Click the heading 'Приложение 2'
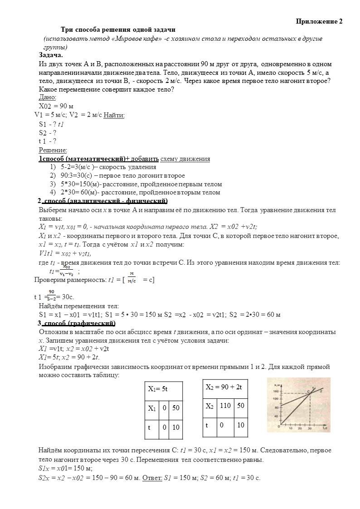(319, 21)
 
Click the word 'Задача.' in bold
(51, 55)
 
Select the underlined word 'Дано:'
(48, 97)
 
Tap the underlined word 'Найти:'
(114, 115)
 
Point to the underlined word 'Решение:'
(53, 150)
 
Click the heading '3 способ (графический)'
(76, 323)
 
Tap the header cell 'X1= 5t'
(158, 389)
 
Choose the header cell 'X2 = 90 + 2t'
(224, 387)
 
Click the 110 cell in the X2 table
(225, 406)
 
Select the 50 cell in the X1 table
(176, 408)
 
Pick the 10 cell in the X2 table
(241, 425)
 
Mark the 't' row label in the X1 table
(150, 427)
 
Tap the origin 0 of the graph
(281, 425)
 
